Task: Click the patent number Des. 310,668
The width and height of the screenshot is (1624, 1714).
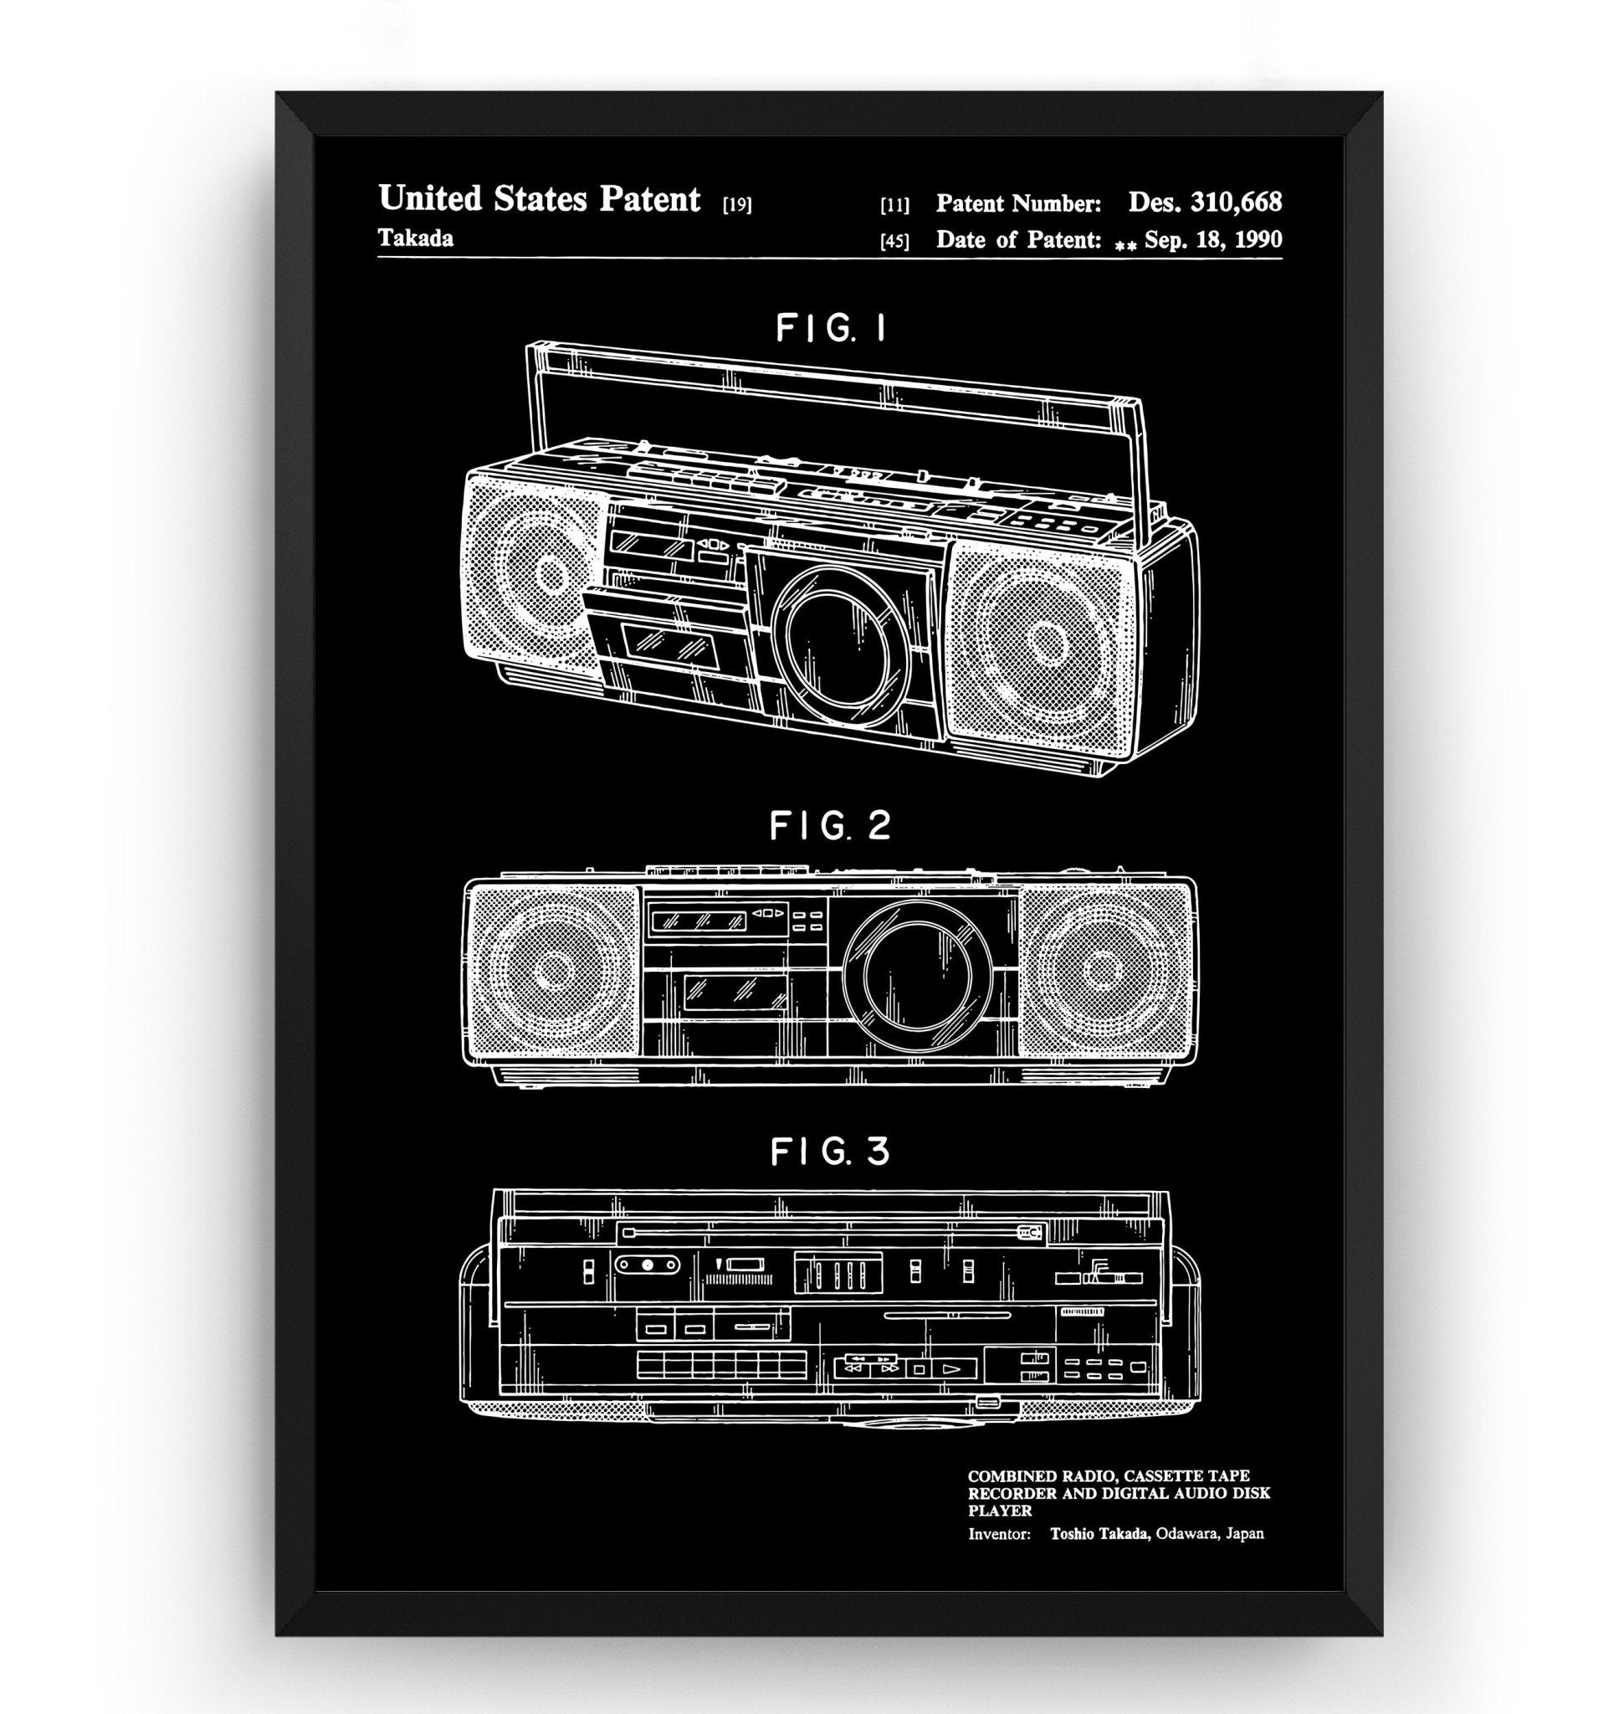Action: click(x=1204, y=203)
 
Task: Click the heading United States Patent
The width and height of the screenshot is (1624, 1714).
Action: click(x=539, y=199)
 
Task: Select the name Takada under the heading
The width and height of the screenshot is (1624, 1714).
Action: click(x=416, y=239)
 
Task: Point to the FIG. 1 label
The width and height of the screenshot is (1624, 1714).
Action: click(x=830, y=328)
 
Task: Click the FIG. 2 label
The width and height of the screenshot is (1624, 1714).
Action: click(x=830, y=825)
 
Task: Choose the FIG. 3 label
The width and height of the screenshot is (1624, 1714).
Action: click(x=830, y=1151)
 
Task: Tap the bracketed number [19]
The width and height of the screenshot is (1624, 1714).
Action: click(x=736, y=205)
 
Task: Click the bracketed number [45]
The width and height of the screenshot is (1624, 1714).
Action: click(x=894, y=242)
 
